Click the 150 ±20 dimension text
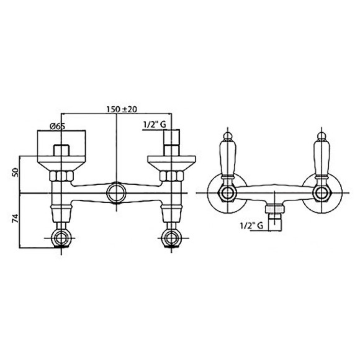coord(122,109)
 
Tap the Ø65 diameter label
coord(57,126)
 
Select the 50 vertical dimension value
coord(16,172)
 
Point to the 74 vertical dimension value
coord(16,218)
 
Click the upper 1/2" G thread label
coord(155,125)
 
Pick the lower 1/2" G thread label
coord(251,226)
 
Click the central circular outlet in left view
coord(117,192)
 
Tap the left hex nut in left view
coord(61,176)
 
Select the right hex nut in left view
coord(171,176)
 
